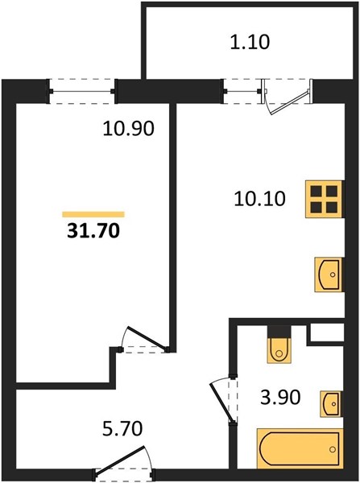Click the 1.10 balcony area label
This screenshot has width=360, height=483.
click(x=250, y=42)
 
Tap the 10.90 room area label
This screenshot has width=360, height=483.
click(x=128, y=129)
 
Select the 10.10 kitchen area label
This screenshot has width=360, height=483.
click(x=259, y=198)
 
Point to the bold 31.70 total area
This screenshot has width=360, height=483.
click(x=93, y=231)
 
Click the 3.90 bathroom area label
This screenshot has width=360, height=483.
click(x=279, y=397)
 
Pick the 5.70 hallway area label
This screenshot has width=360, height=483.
click(x=122, y=428)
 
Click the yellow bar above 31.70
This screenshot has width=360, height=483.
click(x=93, y=214)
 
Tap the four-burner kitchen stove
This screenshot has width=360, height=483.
click(x=325, y=200)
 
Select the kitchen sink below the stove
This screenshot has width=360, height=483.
click(x=329, y=275)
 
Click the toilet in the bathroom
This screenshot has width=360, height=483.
click(x=279, y=350)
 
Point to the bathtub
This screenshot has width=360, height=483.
click(x=300, y=449)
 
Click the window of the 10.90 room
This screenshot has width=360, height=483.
click(x=82, y=91)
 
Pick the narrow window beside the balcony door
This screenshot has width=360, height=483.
click(x=242, y=91)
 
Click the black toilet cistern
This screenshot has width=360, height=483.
click(x=279, y=332)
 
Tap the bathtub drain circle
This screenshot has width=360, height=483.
click(x=333, y=449)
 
